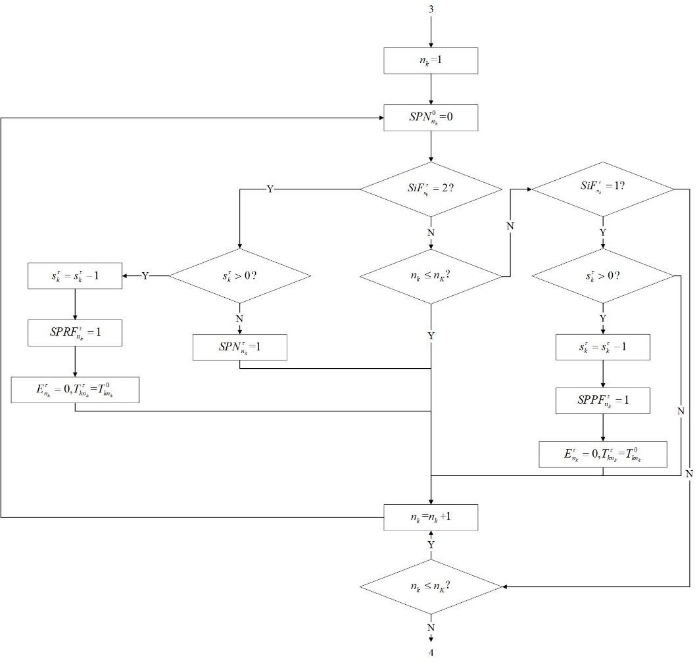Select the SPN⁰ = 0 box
tap(430, 118)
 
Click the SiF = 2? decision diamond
tap(431, 189)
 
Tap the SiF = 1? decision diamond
tap(602, 189)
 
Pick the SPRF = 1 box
tap(76, 333)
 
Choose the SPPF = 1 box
tap(602, 400)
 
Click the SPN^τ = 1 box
tap(240, 347)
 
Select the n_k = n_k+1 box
tap(430, 517)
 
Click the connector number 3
tap(431, 10)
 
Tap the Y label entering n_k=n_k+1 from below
tap(431, 545)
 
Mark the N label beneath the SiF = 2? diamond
tap(431, 232)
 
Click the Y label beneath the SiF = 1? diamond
tap(602, 232)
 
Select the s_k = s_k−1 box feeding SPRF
tap(76, 275)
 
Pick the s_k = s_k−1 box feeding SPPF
tap(602, 347)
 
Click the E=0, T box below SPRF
tap(76, 389)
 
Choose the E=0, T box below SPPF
tap(602, 454)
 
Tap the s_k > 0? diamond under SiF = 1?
tap(602, 275)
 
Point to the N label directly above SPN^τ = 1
tap(239, 318)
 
